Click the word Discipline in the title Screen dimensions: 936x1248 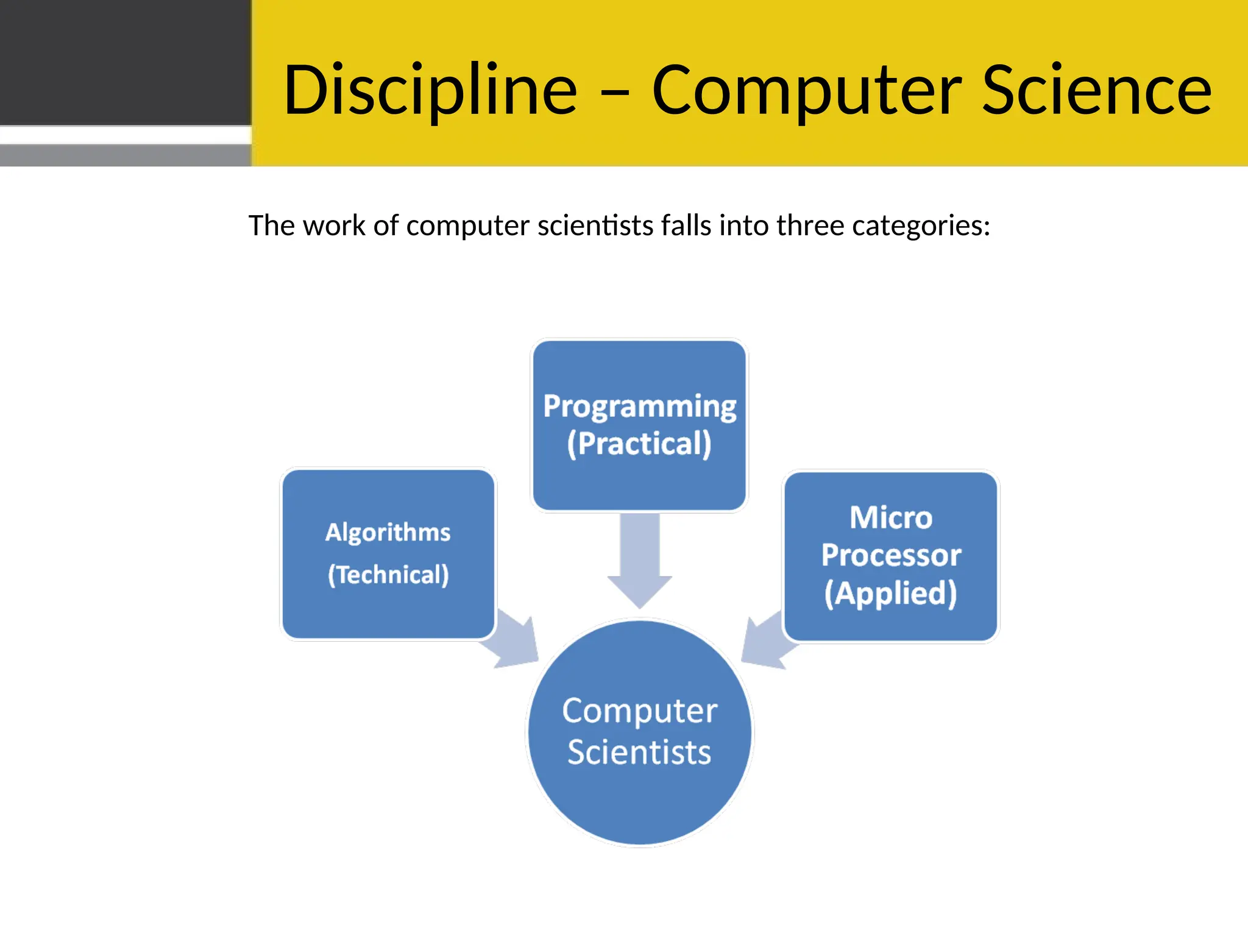pos(430,90)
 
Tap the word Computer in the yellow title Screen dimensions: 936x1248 pos(807,90)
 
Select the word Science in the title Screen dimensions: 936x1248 pos(1097,90)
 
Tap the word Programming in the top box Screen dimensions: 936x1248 pos(639,406)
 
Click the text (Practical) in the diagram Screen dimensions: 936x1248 pos(639,444)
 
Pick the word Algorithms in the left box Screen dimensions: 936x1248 pos(388,533)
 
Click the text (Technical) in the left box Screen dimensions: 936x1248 pos(388,575)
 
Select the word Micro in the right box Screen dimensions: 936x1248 pos(891,518)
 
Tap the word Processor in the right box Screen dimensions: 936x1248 pos(891,555)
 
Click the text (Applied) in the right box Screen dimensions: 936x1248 pos(891,594)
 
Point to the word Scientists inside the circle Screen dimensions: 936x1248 pos(639,752)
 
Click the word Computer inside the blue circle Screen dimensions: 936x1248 pos(639,711)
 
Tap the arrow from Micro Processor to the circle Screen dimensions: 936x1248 pos(767,643)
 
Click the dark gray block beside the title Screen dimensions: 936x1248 pos(125,62)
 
